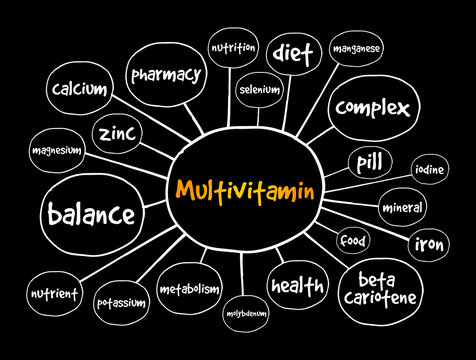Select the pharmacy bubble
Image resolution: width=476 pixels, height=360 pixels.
click(x=165, y=73)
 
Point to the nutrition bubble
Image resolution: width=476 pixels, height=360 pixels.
click(x=233, y=47)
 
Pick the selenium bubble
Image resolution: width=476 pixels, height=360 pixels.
click(x=259, y=89)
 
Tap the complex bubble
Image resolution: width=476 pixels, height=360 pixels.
click(x=373, y=106)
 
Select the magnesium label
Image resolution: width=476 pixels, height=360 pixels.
click(x=57, y=149)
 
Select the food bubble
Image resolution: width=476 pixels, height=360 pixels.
click(x=352, y=241)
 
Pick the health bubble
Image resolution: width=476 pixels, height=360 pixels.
click(x=297, y=286)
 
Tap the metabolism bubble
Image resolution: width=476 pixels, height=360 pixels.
click(x=188, y=289)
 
